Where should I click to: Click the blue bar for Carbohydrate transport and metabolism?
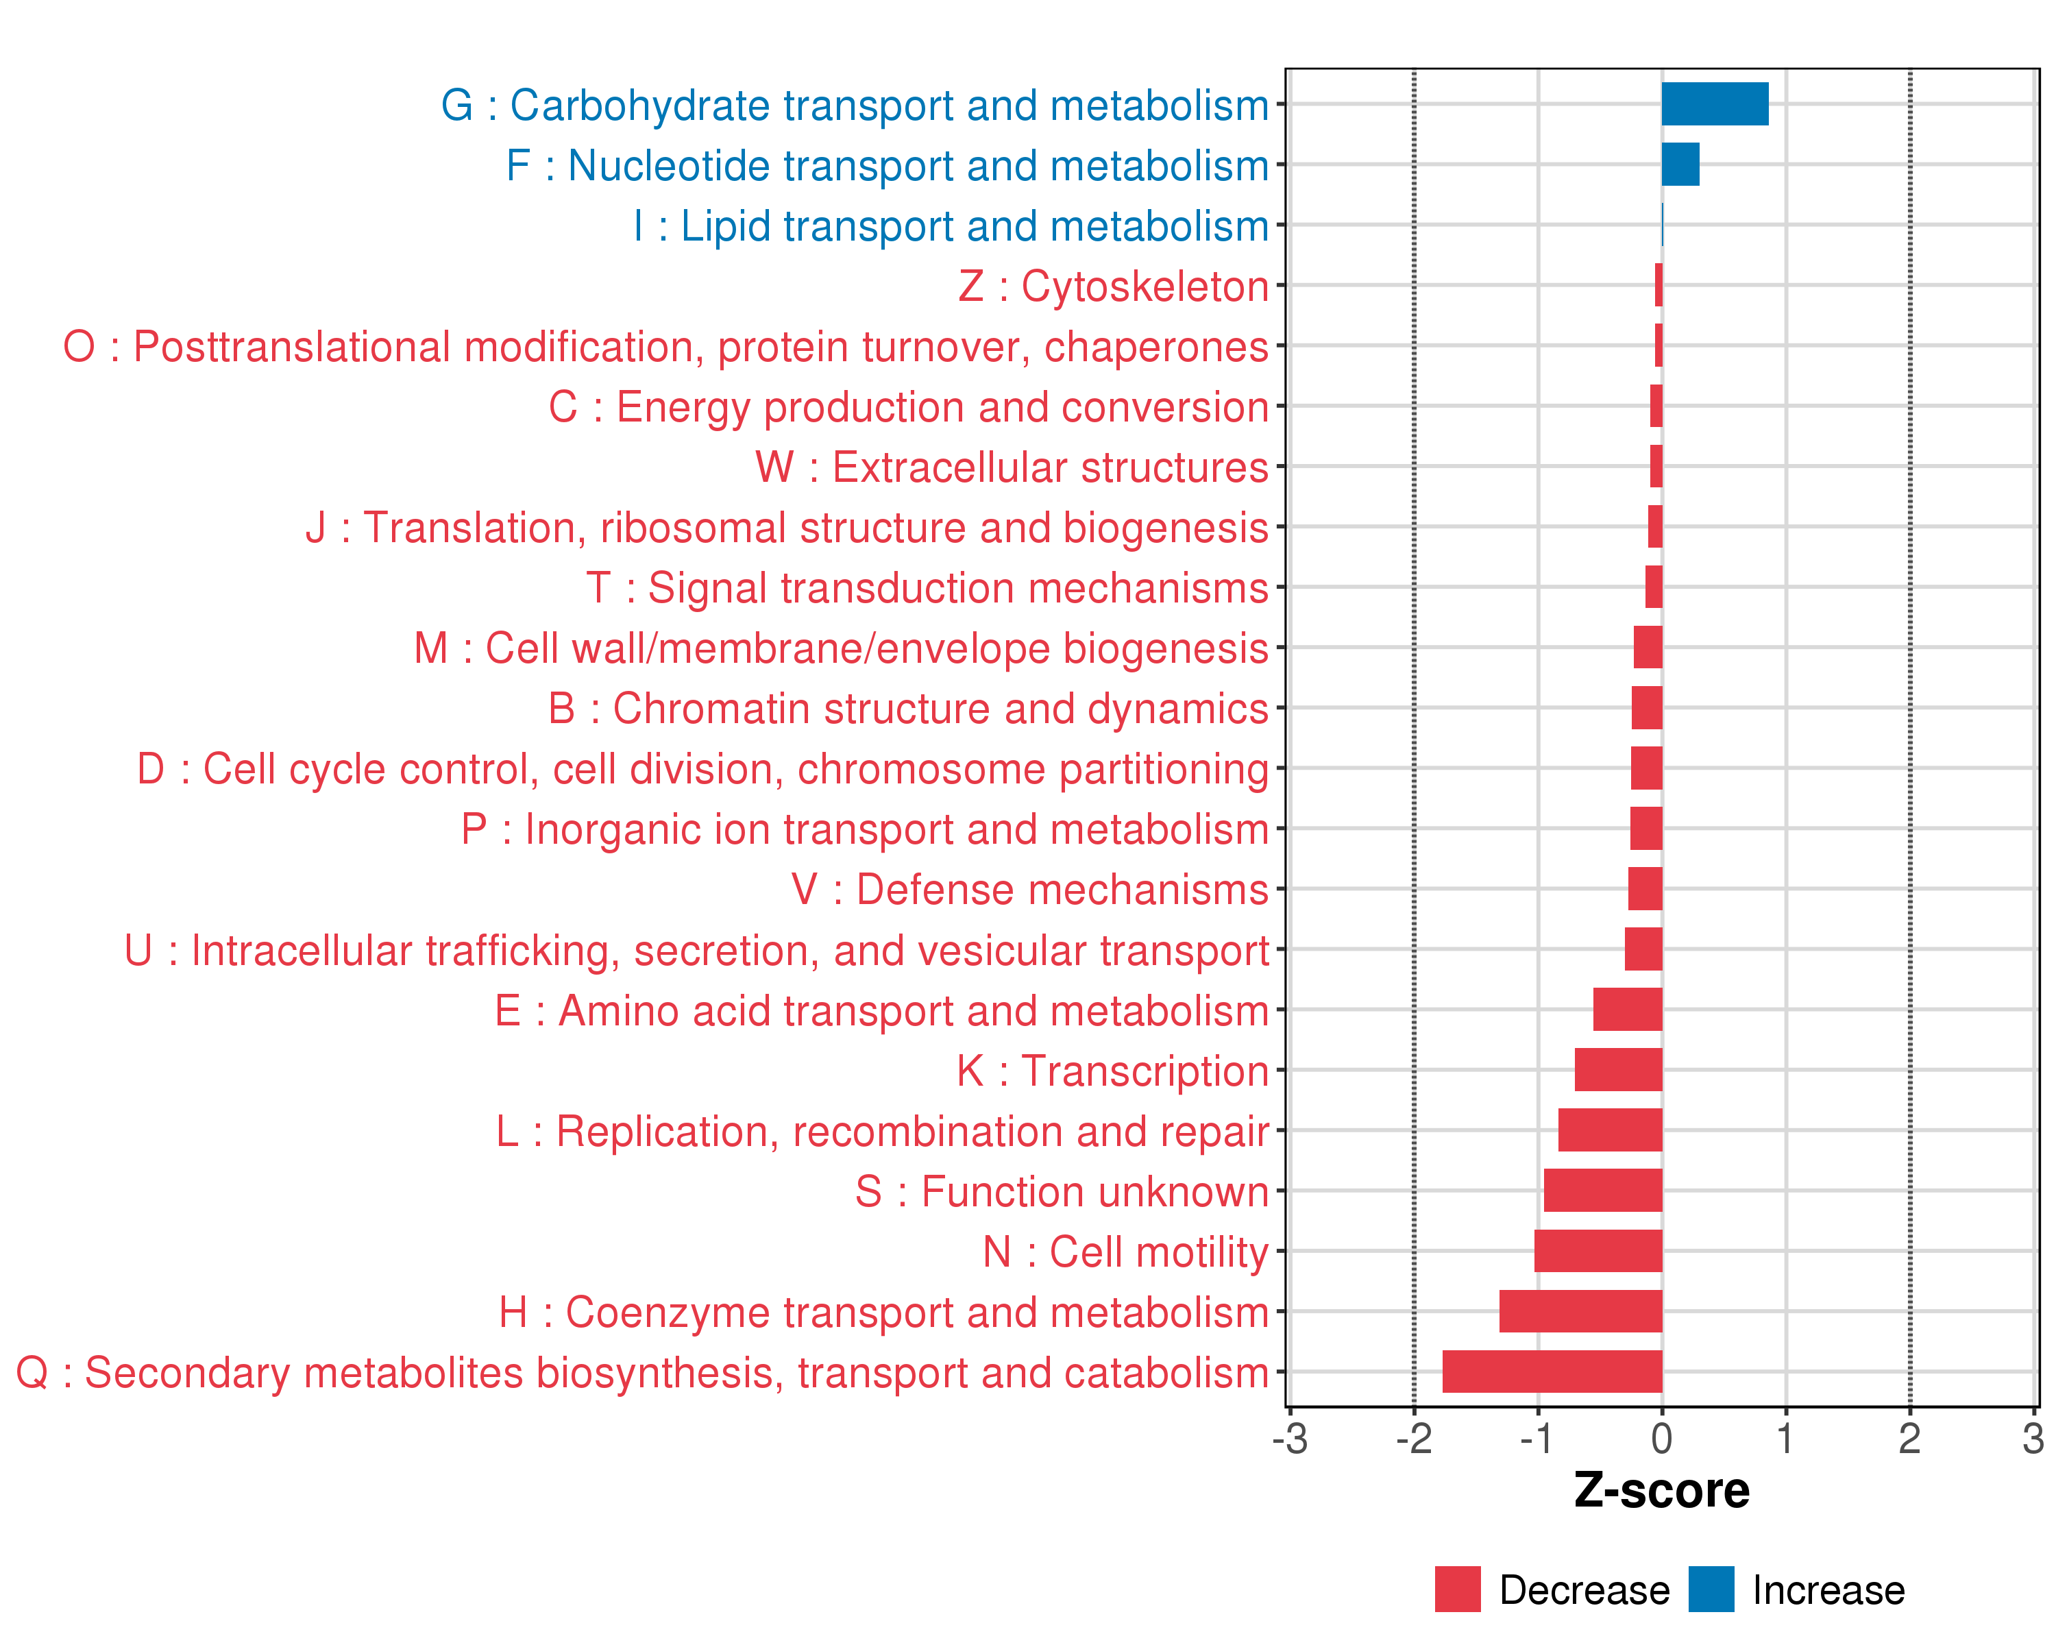[x=1715, y=104]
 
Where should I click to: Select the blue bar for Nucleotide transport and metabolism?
[x=1680, y=164]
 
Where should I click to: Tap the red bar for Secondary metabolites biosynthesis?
[x=1552, y=1372]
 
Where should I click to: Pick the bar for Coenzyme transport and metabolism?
[x=1580, y=1311]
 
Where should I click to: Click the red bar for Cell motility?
[x=1598, y=1250]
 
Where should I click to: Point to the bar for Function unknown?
[x=1602, y=1190]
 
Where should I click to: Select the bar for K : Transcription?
[x=1617, y=1070]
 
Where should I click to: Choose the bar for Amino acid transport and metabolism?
[x=1627, y=1009]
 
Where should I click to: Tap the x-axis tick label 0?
[x=1661, y=1438]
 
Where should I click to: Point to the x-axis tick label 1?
[x=1785, y=1438]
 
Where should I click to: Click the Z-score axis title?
[x=1661, y=1491]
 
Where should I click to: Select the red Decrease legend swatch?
[x=1457, y=1589]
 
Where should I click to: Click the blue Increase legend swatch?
[x=1711, y=1589]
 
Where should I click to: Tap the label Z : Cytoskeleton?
[x=1113, y=286]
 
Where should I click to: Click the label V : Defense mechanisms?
[x=1030, y=890]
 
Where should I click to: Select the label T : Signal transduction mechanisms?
[x=927, y=588]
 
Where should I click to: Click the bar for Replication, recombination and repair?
[x=1610, y=1130]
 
